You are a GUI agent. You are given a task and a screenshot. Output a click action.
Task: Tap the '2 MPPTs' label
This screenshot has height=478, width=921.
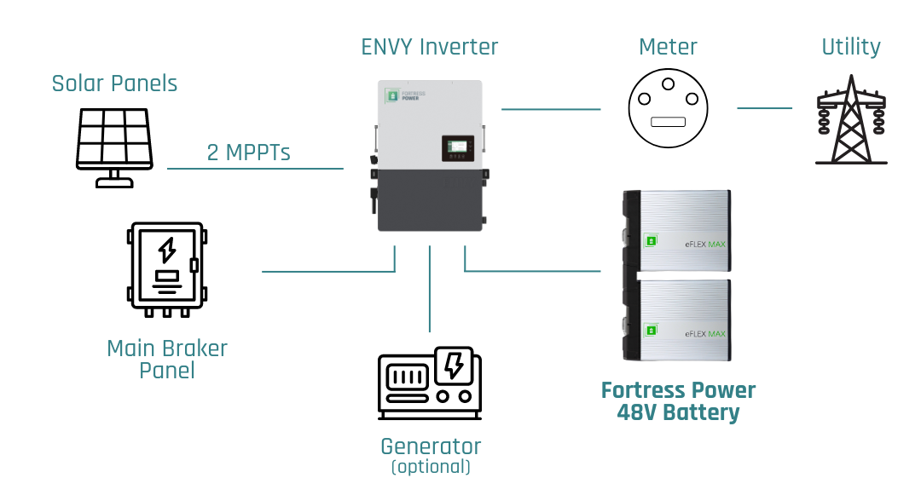(248, 153)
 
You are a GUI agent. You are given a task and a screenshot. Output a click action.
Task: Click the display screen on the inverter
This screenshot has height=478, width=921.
(458, 148)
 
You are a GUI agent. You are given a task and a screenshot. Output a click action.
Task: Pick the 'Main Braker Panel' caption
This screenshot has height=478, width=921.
(167, 359)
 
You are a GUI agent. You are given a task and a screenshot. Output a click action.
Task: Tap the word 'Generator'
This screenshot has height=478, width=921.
(430, 446)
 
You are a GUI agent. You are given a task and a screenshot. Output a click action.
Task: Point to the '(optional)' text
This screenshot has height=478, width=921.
(430, 467)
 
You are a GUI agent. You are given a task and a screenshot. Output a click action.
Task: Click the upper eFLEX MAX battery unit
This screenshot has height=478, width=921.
(679, 231)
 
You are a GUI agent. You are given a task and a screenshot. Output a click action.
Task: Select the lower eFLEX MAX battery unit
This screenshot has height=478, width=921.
(679, 320)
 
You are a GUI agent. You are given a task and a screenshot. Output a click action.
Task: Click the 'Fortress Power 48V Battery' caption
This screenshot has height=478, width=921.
(678, 401)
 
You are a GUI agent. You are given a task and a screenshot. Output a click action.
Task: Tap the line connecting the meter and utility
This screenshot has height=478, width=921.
(764, 108)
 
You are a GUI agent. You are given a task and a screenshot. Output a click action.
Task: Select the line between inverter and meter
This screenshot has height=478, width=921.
(551, 109)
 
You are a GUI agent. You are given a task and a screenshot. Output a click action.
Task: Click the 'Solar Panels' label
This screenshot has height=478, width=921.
(114, 84)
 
